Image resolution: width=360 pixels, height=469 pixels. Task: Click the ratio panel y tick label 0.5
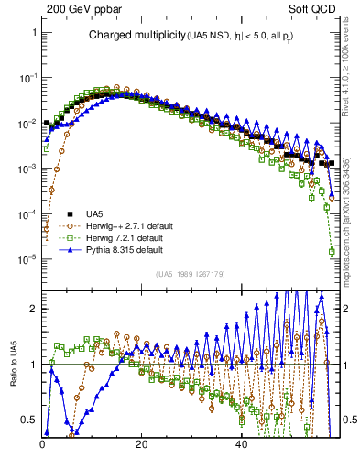pos(29,420)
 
